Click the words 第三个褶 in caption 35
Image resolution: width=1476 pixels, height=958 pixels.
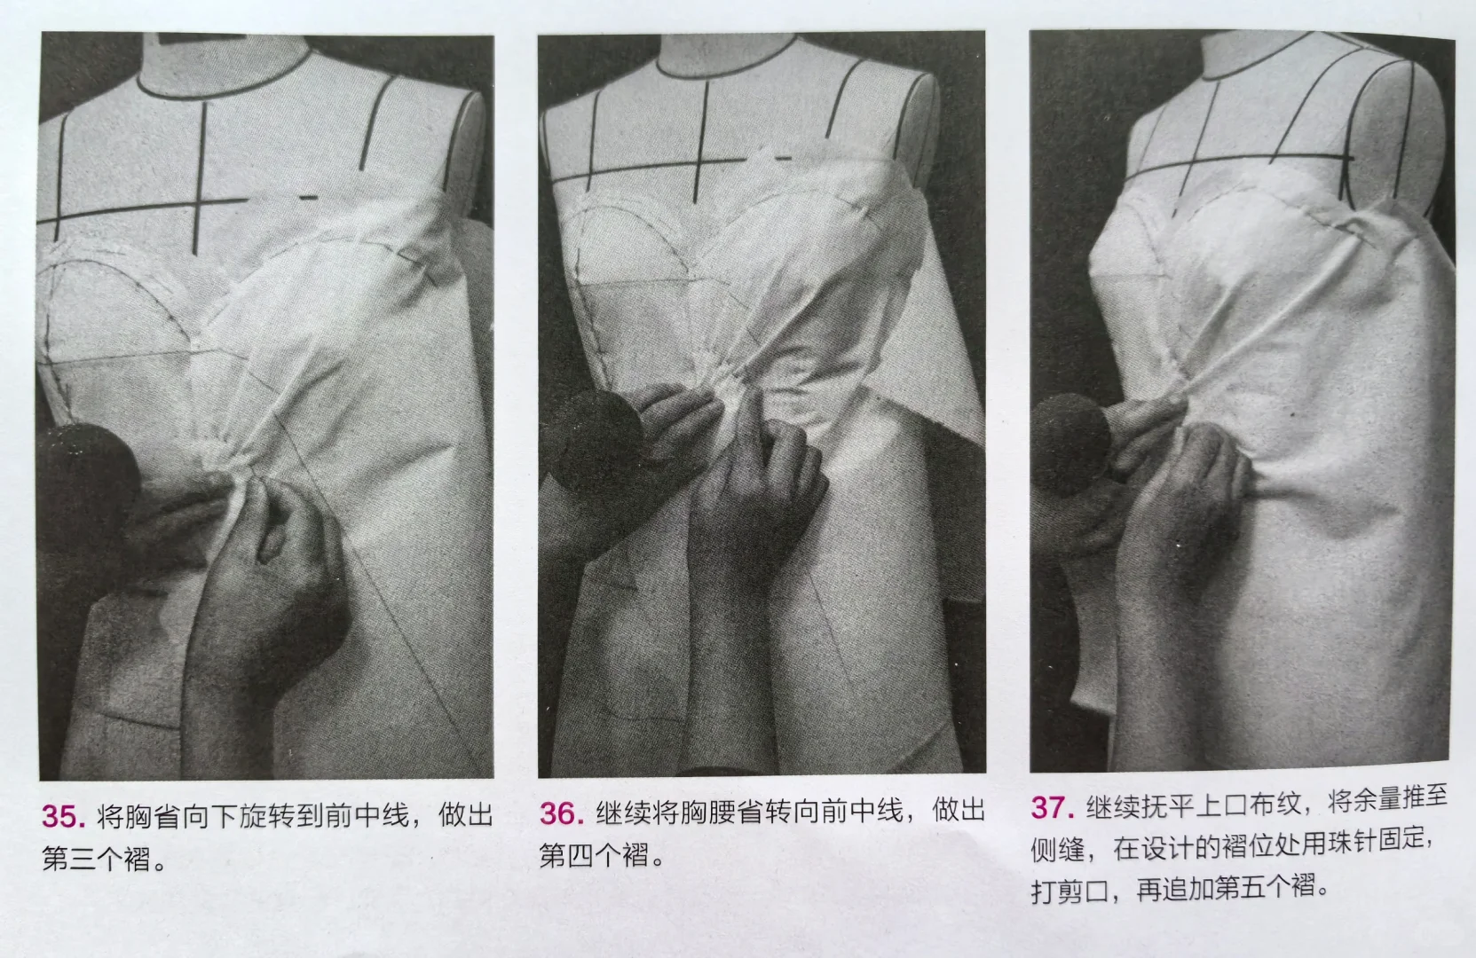[x=98, y=859]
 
